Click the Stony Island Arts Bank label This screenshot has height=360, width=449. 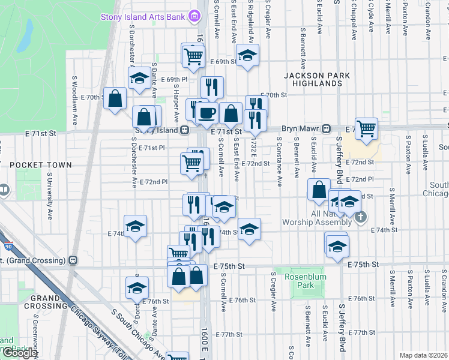tap(142, 17)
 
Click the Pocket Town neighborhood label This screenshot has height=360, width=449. tap(40, 164)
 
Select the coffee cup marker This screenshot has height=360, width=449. tap(207, 112)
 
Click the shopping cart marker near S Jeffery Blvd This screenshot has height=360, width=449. tap(366, 127)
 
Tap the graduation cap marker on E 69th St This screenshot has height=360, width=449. tap(247, 55)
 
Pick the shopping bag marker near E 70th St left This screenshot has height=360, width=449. tap(114, 99)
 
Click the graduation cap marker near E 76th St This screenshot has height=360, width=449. tap(137, 287)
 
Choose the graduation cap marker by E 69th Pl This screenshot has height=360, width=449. tap(139, 78)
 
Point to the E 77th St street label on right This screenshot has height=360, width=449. tap(364, 332)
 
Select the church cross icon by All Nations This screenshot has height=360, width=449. tap(360, 217)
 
